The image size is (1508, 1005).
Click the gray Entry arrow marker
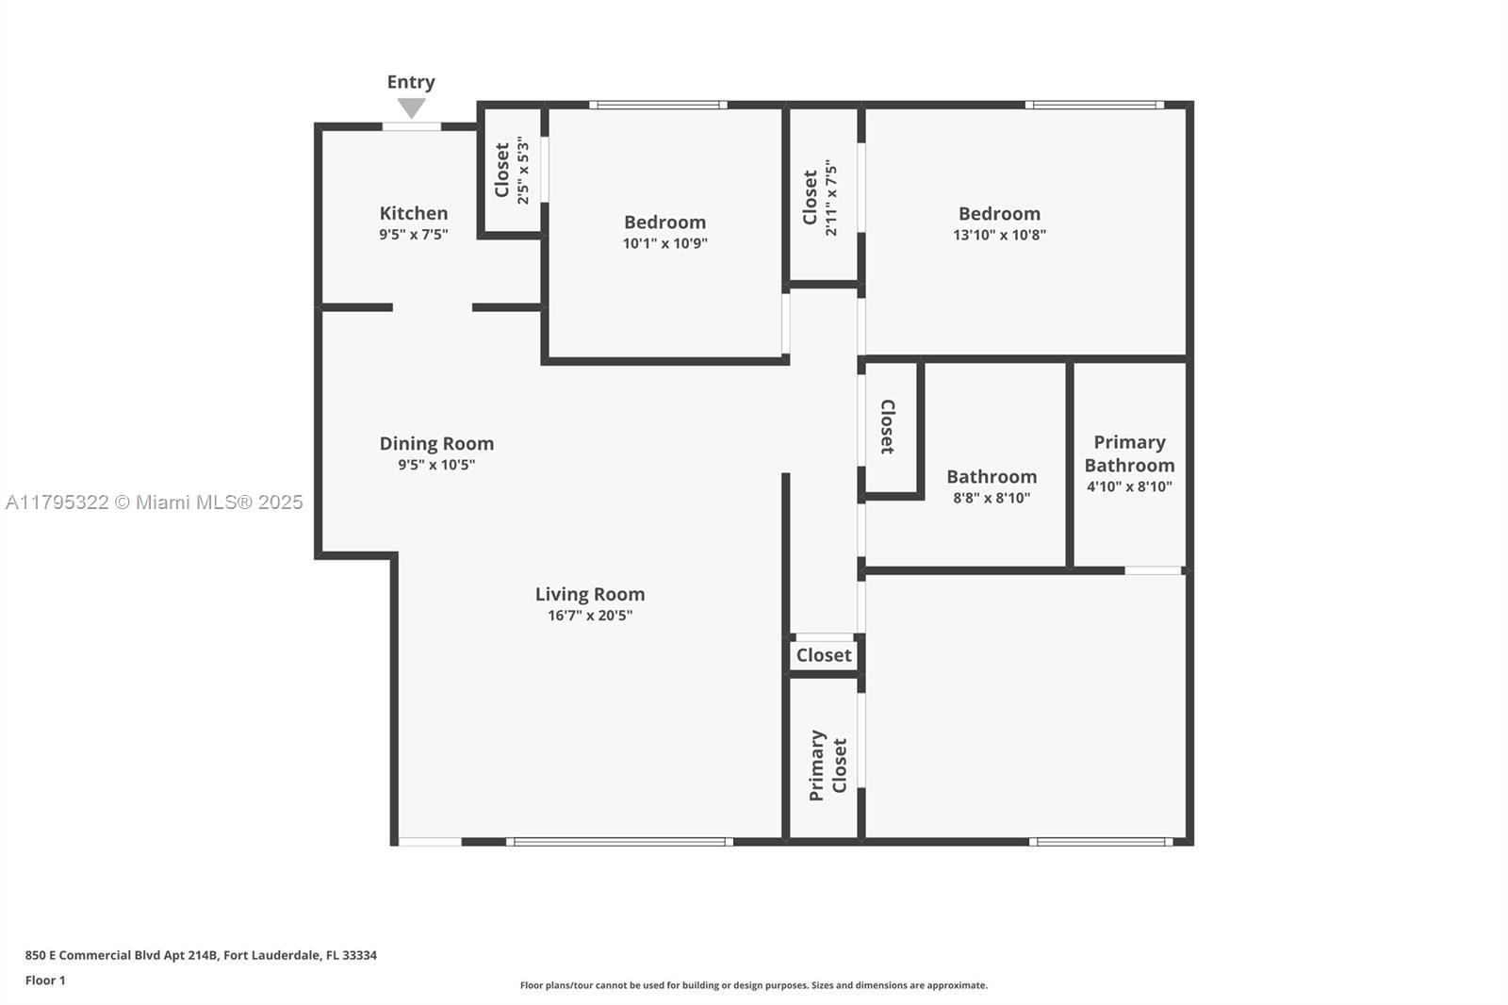[411, 107]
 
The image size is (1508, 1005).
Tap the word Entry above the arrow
[411, 82]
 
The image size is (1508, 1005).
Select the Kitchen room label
[414, 213]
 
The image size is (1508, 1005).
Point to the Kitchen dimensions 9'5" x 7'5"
[414, 235]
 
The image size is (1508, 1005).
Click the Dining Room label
[437, 443]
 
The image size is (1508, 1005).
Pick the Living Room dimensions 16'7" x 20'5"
[590, 615]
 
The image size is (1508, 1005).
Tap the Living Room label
[590, 594]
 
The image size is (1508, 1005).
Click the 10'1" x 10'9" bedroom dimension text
[665, 243]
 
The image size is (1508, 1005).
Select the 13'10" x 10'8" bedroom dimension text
[999, 235]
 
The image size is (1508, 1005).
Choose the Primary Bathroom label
[1129, 453]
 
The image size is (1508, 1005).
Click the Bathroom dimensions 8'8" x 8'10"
[992, 498]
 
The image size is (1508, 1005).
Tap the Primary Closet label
[828, 766]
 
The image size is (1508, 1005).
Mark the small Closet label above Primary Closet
[824, 654]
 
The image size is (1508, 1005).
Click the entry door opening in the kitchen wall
[412, 126]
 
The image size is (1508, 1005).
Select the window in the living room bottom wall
[619, 841]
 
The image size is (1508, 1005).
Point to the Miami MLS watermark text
[155, 502]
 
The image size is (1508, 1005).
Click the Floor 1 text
[45, 980]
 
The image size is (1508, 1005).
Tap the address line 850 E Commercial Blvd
[201, 955]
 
